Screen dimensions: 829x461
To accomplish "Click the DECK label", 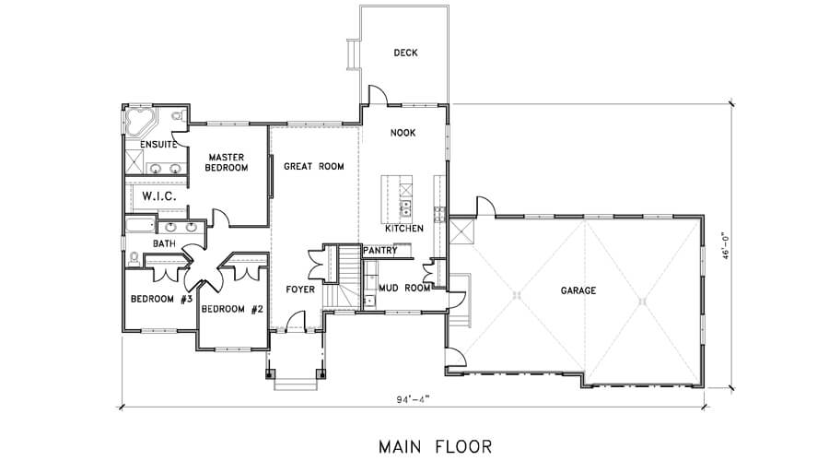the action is pyautogui.click(x=405, y=53).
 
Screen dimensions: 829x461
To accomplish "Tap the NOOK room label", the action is pyautogui.click(x=403, y=133).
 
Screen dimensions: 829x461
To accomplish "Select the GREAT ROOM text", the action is pyautogui.click(x=314, y=166).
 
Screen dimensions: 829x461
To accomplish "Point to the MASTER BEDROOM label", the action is pyautogui.click(x=227, y=162).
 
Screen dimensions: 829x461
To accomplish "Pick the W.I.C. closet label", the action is pyautogui.click(x=158, y=196).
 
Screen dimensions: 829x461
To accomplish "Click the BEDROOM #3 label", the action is pyautogui.click(x=160, y=299).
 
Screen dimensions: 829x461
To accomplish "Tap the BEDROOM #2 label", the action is pyautogui.click(x=232, y=309).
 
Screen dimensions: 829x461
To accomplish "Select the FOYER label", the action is pyautogui.click(x=300, y=290).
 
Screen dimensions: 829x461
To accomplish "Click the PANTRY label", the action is pyautogui.click(x=380, y=251).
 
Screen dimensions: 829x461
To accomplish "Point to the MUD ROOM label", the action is pyautogui.click(x=404, y=288).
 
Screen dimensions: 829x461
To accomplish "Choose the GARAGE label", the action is pyautogui.click(x=578, y=290).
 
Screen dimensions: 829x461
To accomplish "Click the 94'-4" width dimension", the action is pyautogui.click(x=413, y=399).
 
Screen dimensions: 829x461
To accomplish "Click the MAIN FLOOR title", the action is pyautogui.click(x=435, y=447).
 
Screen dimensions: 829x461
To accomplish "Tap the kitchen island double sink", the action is pyautogui.click(x=406, y=208).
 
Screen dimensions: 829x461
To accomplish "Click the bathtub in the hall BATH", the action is pyautogui.click(x=141, y=224).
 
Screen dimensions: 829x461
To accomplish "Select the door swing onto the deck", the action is pyautogui.click(x=379, y=94).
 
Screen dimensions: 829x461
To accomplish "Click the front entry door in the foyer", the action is pyautogui.click(x=296, y=321).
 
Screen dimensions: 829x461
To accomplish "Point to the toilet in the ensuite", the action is pyautogui.click(x=177, y=115).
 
